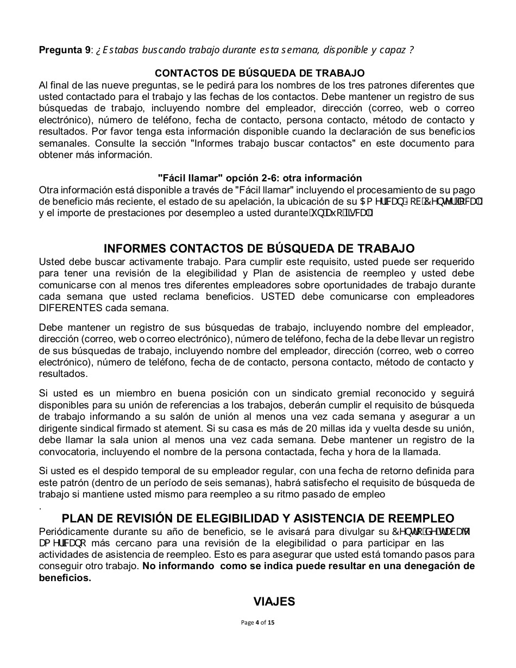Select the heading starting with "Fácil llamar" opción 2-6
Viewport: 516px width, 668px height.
pyautogui.click(x=260, y=178)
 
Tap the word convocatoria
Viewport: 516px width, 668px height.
pyautogui.click(x=68, y=452)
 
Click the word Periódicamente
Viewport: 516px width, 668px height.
pyautogui.click(x=74, y=531)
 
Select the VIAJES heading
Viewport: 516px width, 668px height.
pyautogui.click(x=274, y=601)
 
